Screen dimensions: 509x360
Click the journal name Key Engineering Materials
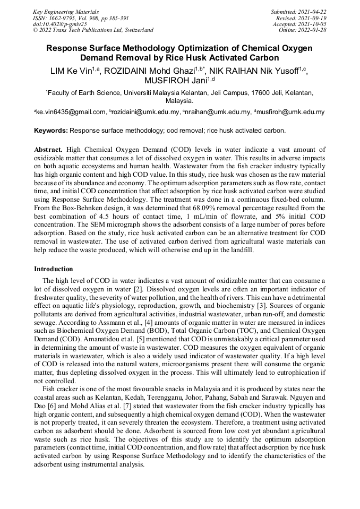tap(66, 11)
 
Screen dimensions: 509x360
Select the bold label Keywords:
tap(51, 130)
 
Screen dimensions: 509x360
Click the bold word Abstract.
tap(48, 150)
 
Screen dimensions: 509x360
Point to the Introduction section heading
tap(54, 269)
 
